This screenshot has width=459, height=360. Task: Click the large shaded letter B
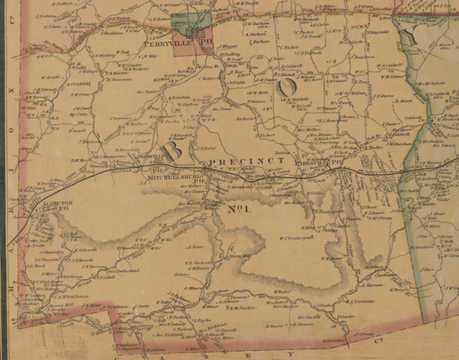pyautogui.click(x=173, y=151)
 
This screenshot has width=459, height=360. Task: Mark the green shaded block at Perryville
pyautogui.click(x=191, y=22)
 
